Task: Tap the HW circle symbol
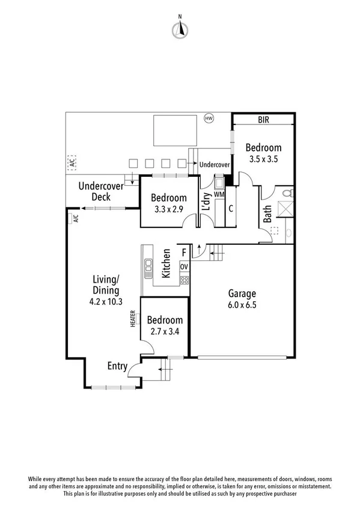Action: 209,118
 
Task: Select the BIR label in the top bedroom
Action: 263,120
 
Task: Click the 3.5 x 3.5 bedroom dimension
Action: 263,159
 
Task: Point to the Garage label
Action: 242,293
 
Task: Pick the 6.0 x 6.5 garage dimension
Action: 242,305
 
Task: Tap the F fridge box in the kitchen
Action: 184,252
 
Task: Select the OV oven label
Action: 185,266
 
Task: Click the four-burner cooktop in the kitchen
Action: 185,280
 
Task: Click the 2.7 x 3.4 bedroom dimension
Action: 165,331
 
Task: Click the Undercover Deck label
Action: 101,191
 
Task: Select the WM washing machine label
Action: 219,195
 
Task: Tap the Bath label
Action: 267,214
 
